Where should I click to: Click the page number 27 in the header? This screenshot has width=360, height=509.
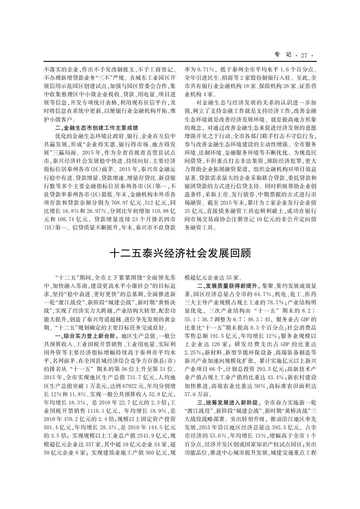tap(304, 55)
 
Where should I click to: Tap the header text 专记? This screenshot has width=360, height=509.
tap(282, 55)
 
